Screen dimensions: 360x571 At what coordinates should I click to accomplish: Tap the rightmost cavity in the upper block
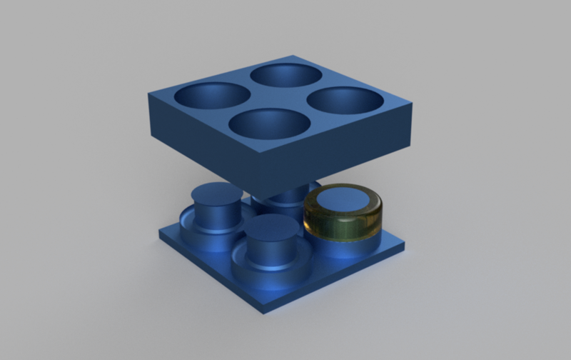click(343, 100)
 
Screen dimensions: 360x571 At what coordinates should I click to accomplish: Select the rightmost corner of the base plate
click(406, 248)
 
